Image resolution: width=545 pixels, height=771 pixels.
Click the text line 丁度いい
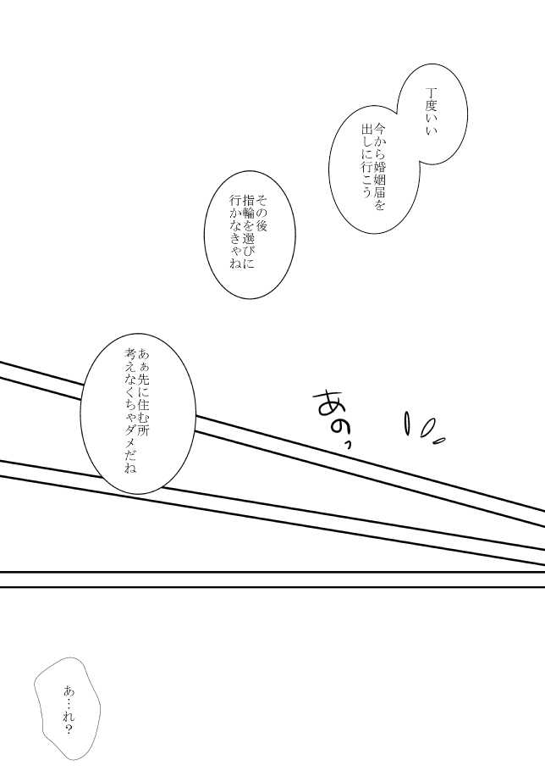tap(431, 112)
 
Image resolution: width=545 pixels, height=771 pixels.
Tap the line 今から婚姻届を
tap(379, 167)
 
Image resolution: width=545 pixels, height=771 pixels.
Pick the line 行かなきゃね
tap(235, 231)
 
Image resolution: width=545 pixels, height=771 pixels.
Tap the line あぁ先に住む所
tap(145, 392)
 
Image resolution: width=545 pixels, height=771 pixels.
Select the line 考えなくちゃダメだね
tap(130, 411)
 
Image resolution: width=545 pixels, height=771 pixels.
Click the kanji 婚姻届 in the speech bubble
tap(379, 178)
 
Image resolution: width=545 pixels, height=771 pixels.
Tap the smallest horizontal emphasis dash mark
tap(438, 440)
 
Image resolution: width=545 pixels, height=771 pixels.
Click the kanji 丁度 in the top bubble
tap(431, 99)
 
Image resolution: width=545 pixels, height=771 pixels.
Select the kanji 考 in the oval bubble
tap(130, 355)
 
